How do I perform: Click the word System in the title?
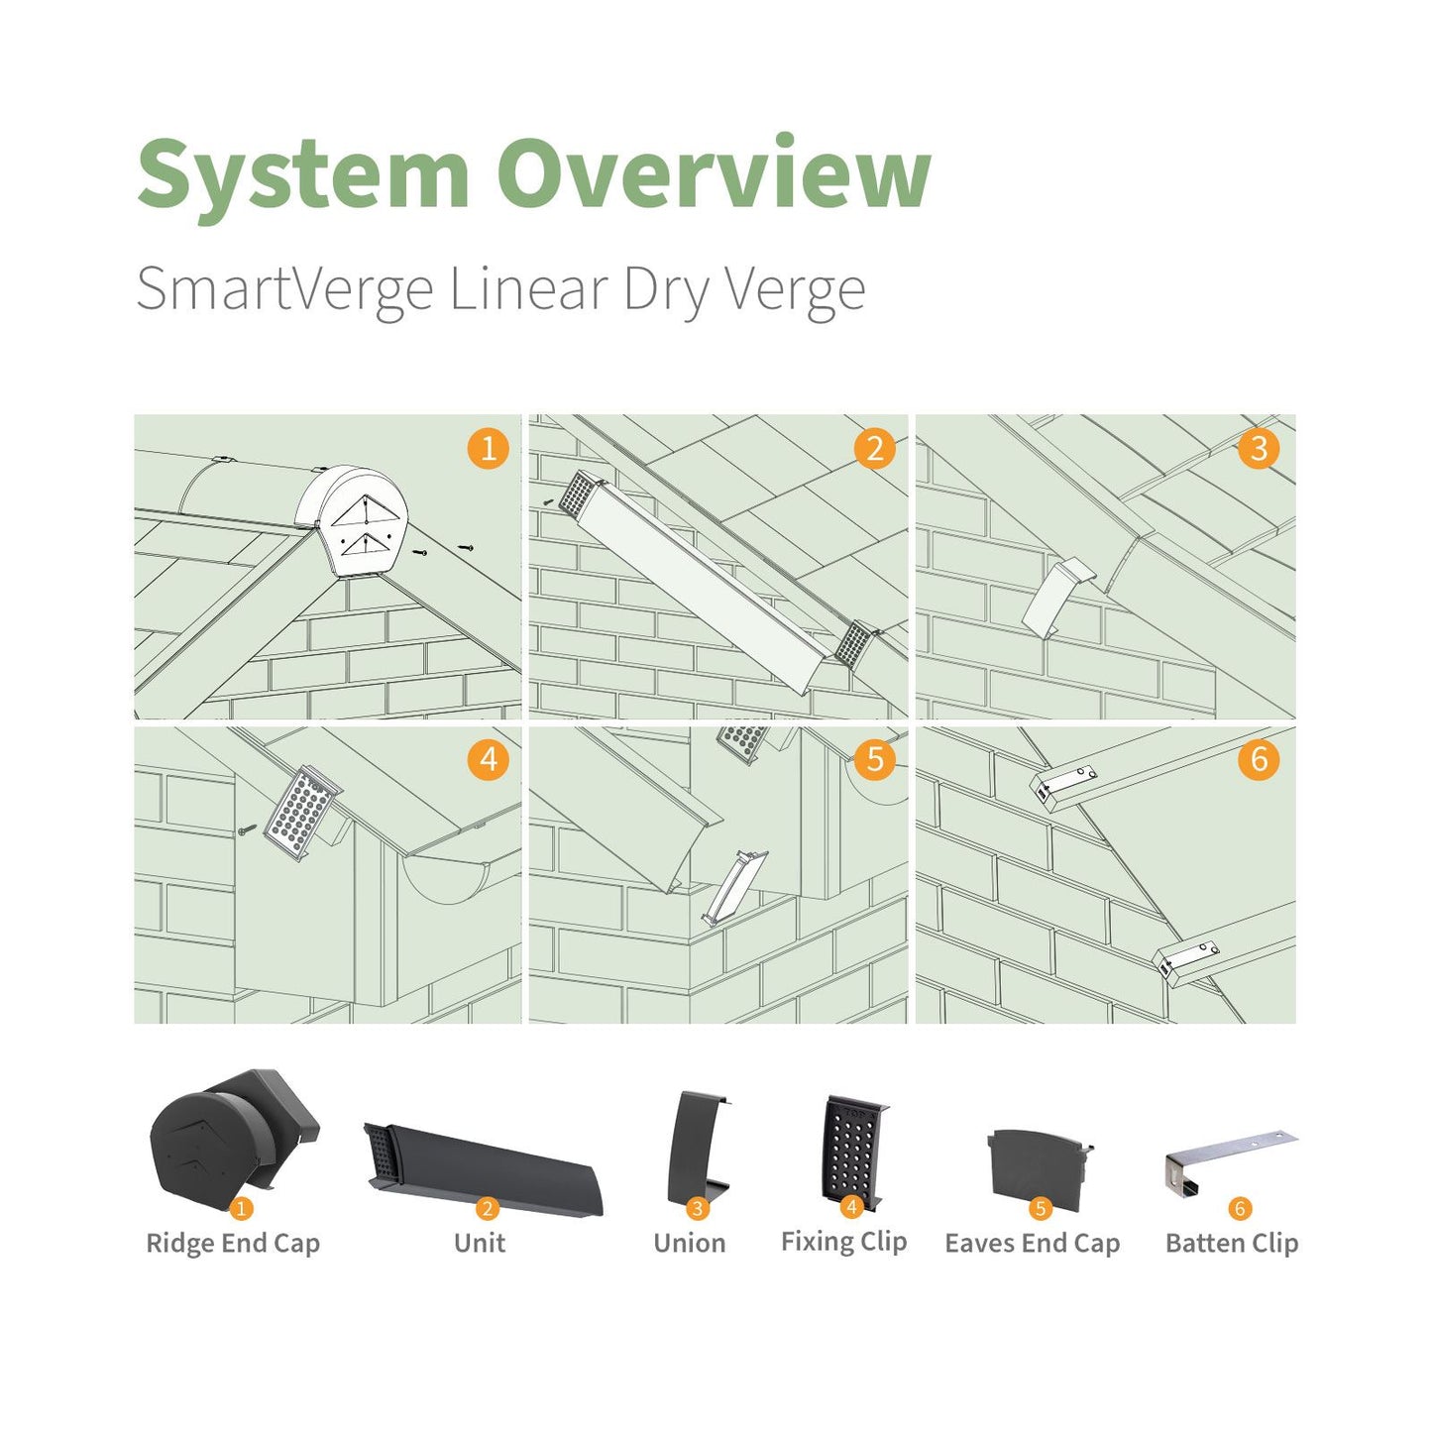click(x=302, y=174)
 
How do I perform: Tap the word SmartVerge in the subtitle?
click(x=284, y=289)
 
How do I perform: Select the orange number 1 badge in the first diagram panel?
click(x=488, y=448)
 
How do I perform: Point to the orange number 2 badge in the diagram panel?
click(x=874, y=448)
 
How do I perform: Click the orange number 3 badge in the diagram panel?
click(x=1259, y=448)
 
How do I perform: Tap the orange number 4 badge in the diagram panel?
click(x=488, y=760)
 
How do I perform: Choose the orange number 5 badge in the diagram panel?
click(x=874, y=760)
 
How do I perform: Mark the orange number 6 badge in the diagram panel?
click(x=1259, y=760)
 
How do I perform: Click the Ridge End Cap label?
click(x=233, y=1243)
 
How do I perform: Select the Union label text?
click(x=690, y=1243)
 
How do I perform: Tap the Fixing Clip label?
click(x=843, y=1241)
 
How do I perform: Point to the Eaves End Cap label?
click(x=1033, y=1243)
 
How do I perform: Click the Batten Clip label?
click(x=1232, y=1243)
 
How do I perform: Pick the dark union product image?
click(x=697, y=1148)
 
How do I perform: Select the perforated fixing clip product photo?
click(x=852, y=1150)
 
